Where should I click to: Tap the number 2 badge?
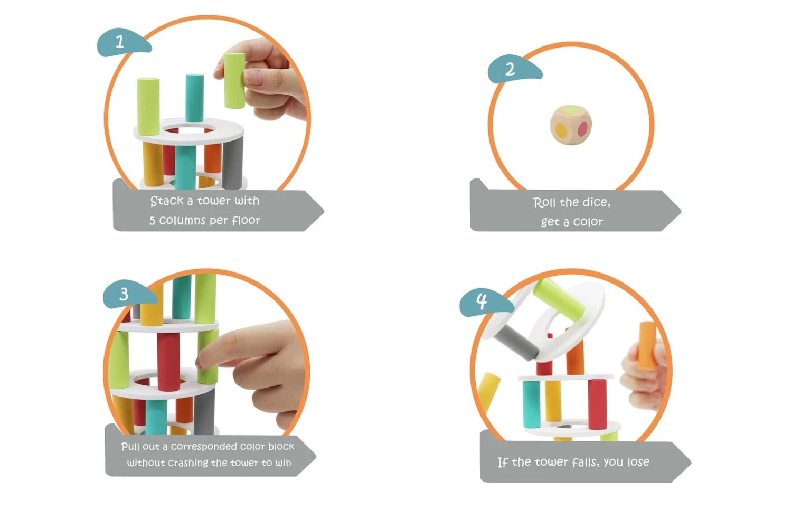pos(510,70)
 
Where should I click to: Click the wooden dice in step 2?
pos(571,125)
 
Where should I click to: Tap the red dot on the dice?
pos(583,128)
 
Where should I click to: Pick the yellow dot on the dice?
pos(561,130)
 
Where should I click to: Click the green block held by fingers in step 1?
pos(234,80)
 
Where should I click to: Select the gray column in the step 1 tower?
pos(232,163)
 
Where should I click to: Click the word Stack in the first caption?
pos(166,201)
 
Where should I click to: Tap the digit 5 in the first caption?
pos(152,221)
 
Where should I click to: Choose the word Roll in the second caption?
pos(544,203)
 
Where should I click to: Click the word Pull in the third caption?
pos(130,447)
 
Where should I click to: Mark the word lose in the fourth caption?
pos(638,462)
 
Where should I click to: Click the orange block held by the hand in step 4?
pos(646,345)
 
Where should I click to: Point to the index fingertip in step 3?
pos(201,362)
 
